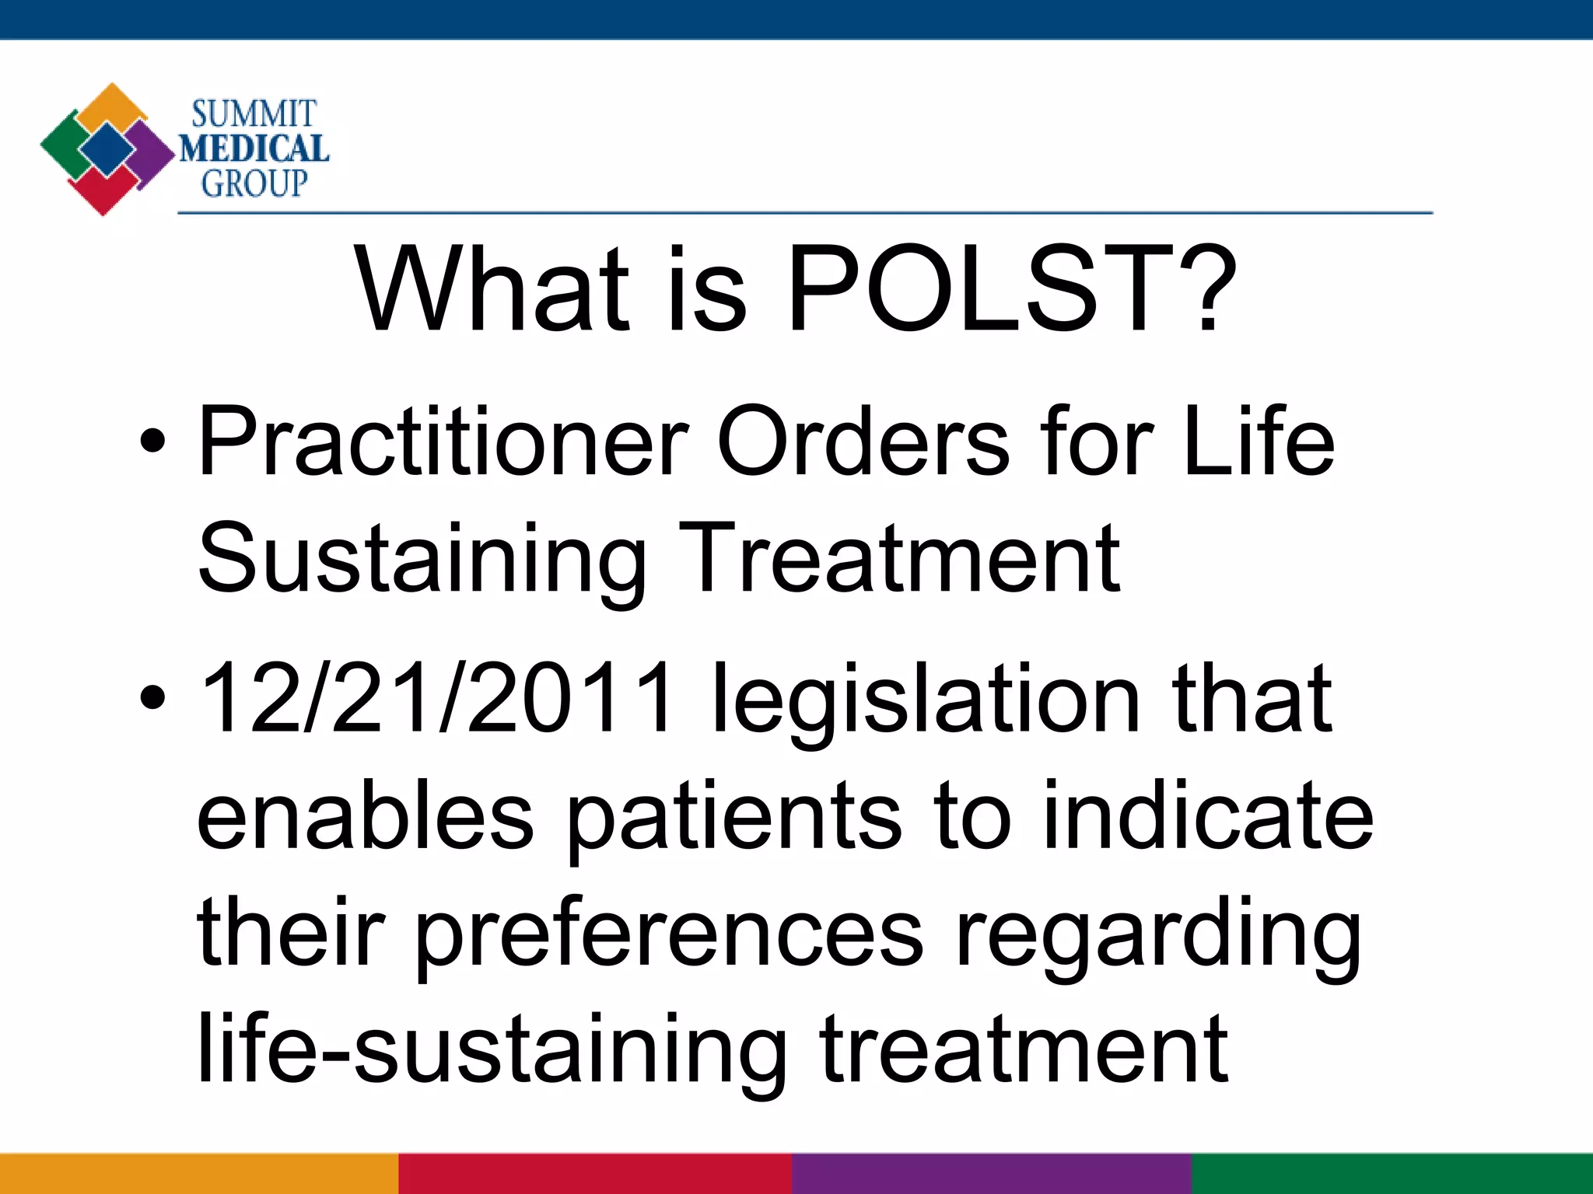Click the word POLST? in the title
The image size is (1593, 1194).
coord(1011,289)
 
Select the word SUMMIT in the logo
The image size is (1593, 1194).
coord(254,114)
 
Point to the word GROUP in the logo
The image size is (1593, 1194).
coord(254,183)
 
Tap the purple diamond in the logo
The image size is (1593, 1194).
coord(152,152)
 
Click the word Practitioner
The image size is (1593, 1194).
coord(443,443)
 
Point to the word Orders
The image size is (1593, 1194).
coord(863,443)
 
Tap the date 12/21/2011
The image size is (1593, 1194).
coord(436,697)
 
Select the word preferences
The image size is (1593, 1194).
coord(669,937)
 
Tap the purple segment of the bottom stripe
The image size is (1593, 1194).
coord(992,1174)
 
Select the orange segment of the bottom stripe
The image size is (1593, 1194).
coord(198,1174)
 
